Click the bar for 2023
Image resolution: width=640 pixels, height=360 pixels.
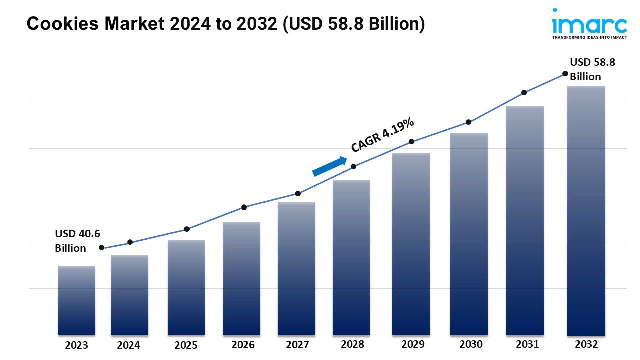point(76,300)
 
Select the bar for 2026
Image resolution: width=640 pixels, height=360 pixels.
point(242,278)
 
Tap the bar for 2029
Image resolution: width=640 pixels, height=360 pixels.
point(411,243)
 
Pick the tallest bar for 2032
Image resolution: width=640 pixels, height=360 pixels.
point(586,210)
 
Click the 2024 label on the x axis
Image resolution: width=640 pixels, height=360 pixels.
point(128,345)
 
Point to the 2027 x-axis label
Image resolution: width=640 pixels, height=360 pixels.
point(297,345)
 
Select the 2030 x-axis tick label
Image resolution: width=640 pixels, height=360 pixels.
point(471,344)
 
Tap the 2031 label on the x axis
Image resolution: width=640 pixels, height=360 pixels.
point(527,344)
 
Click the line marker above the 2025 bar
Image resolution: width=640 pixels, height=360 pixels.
point(187,229)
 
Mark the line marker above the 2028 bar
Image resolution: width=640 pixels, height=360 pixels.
point(353,167)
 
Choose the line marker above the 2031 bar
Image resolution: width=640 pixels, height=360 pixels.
point(524,93)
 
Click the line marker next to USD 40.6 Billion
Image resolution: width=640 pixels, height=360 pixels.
point(102,248)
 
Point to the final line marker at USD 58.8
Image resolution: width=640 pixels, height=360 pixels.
point(565,74)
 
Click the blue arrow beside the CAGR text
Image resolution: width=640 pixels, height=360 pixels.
point(330,166)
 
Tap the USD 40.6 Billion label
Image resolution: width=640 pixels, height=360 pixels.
point(77,241)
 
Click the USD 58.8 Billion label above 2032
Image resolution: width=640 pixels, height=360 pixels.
point(592,69)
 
